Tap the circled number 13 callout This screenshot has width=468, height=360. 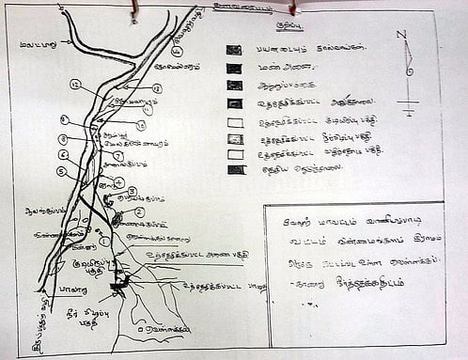coord(157,88)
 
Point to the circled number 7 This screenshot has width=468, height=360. coord(117,155)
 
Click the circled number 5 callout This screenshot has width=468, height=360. coord(60,171)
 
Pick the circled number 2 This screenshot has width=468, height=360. coord(139,212)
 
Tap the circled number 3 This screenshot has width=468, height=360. coord(133,192)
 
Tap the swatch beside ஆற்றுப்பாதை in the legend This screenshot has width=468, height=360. coord(234,87)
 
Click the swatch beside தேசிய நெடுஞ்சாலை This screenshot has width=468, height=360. coord(235,170)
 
